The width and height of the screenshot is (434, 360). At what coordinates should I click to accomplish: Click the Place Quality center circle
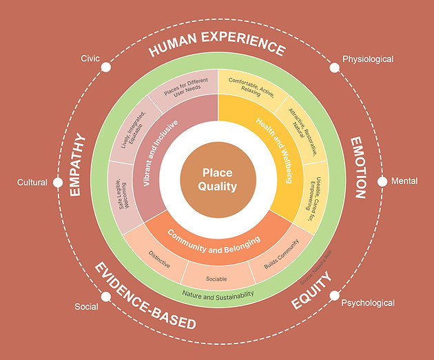tap(218, 179)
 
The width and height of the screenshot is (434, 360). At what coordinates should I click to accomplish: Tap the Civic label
tap(90, 58)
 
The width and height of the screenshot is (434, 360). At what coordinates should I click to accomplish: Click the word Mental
tap(404, 182)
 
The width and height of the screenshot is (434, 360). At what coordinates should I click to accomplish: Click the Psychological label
tap(368, 303)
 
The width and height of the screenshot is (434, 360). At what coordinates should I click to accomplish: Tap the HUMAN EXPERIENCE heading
tap(217, 48)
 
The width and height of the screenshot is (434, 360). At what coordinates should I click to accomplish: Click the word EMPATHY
tap(78, 165)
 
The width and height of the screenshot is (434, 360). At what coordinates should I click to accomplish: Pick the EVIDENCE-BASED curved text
tap(145, 296)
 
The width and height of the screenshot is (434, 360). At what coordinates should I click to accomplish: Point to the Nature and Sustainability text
tap(218, 294)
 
